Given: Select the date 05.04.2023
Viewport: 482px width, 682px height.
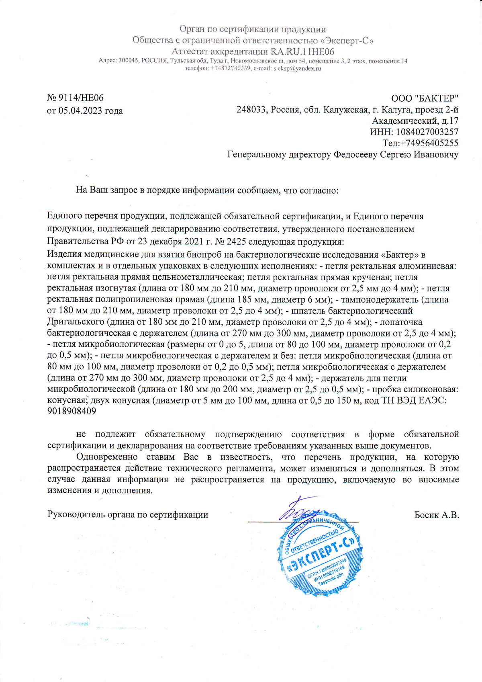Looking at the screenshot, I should (x=80, y=111).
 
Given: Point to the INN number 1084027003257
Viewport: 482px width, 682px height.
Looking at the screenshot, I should (x=427, y=132).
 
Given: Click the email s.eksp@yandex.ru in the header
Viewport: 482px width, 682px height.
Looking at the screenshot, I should (x=297, y=69).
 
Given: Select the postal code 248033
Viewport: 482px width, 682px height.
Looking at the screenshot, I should (x=251, y=110).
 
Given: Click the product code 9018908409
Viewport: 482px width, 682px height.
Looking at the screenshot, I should (x=71, y=412).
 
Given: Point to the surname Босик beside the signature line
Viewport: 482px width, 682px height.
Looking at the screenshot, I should (x=427, y=515).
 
